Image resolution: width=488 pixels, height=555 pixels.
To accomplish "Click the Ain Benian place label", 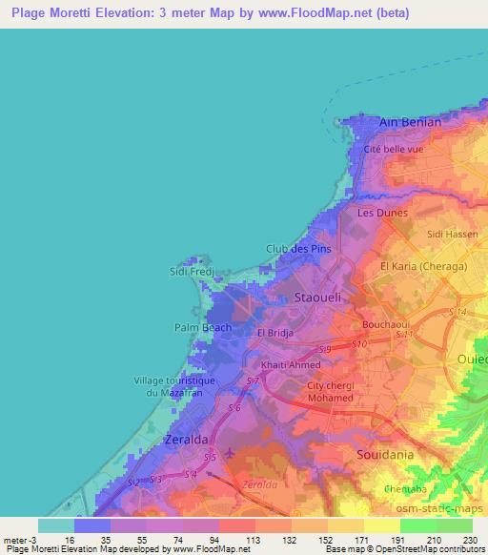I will point(410,123).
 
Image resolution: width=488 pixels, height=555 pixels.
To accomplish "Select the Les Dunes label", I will point(382,214).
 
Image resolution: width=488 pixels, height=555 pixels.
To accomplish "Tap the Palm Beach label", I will point(202,327).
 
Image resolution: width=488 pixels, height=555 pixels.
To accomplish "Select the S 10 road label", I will point(358,343).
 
